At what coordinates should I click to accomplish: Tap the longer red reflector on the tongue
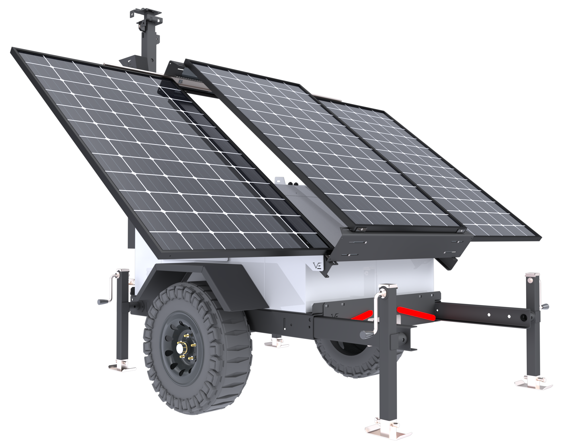tap(416, 313)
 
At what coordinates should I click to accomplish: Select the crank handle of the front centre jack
tap(370, 333)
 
